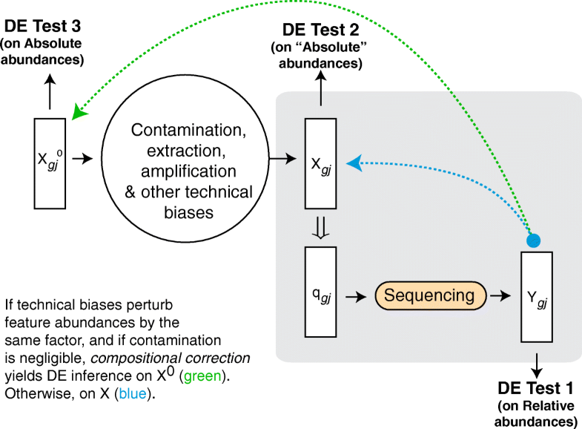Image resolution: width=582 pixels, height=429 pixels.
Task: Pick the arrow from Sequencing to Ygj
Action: pos(500,296)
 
